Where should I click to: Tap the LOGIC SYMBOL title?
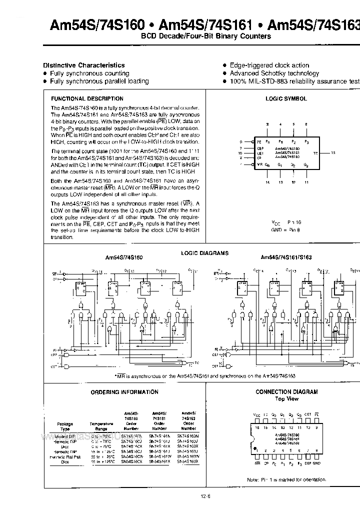[x=286, y=99]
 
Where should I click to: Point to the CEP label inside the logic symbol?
[x=260, y=148]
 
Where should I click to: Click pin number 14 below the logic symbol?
[x=267, y=182]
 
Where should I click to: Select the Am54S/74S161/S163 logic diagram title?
[x=286, y=257]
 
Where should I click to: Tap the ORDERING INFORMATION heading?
[x=118, y=392]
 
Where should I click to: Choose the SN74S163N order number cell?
[x=188, y=436]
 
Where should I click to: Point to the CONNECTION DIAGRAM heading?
[x=286, y=392]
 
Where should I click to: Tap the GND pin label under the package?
[x=316, y=463]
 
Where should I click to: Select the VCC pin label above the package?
[x=256, y=414]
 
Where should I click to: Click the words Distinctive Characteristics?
[x=84, y=65]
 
